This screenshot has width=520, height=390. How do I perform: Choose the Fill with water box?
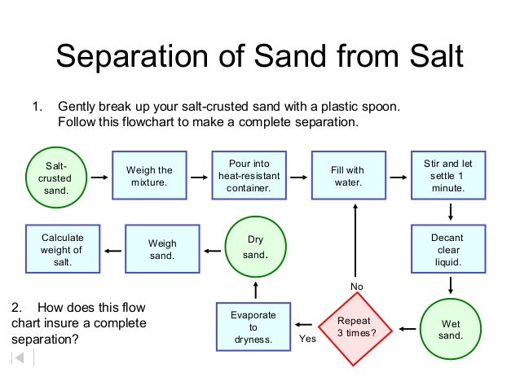(348, 176)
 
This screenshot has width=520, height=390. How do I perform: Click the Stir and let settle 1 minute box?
(448, 176)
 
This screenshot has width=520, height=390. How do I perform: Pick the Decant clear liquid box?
(448, 250)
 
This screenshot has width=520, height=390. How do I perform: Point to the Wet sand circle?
(451, 329)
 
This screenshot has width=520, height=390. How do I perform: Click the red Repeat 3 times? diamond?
(356, 327)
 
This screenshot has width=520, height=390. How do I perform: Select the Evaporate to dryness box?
(253, 327)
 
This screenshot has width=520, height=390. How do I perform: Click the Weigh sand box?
(162, 249)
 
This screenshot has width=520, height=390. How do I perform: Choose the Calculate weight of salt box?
(63, 249)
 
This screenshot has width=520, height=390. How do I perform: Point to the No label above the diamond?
(356, 287)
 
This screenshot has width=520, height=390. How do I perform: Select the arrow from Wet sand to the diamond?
(405, 330)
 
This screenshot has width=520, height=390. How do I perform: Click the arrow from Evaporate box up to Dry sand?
(255, 290)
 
